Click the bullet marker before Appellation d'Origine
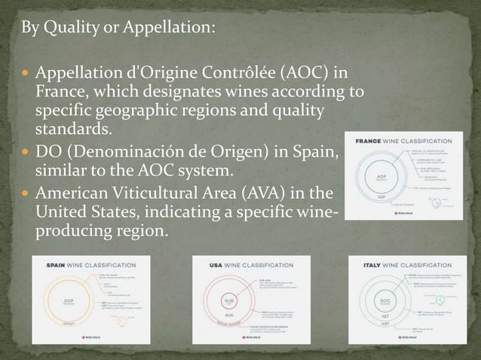(x=27, y=75)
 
